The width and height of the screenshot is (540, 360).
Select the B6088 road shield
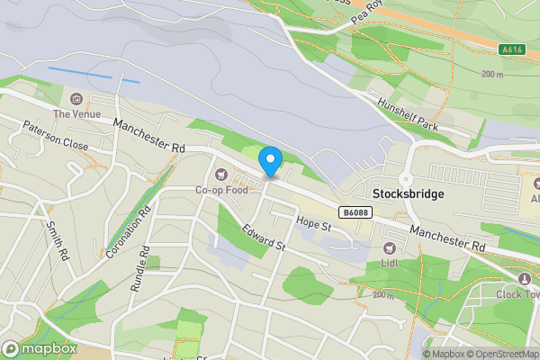tap(353, 212)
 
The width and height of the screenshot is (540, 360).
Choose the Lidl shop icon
tap(390, 247)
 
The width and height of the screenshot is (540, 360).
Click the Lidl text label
tap(390, 263)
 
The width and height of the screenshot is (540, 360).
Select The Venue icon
tap(76, 98)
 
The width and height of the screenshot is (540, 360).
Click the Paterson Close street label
tap(56, 137)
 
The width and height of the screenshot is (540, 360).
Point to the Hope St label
tap(314, 222)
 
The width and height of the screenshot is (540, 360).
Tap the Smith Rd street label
tap(57, 241)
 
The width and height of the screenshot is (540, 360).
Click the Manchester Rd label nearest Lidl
tap(447, 238)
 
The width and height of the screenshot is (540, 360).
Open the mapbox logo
tap(40, 349)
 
